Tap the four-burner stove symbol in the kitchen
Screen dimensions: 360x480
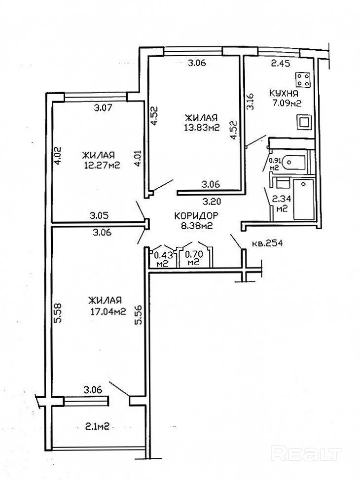[302, 80]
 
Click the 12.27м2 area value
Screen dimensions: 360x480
[102, 165]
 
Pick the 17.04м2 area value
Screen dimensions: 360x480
[106, 311]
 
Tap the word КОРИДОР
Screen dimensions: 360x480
[196, 215]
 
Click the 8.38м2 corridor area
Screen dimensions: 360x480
[196, 226]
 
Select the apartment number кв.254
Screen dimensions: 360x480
[267, 243]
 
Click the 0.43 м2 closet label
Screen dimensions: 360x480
[162, 259]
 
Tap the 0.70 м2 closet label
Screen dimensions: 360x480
[192, 259]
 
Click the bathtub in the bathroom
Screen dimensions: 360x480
[302, 200]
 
